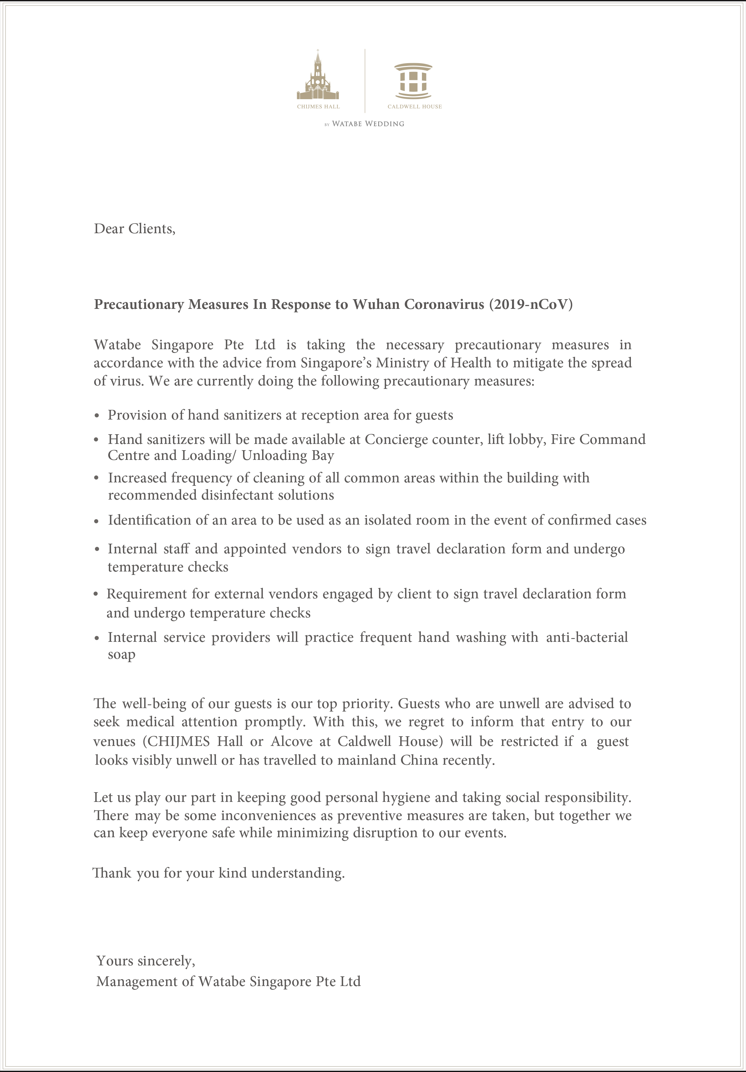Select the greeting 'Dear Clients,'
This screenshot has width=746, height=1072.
click(134, 229)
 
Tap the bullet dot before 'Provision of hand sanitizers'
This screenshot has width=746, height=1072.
click(97, 415)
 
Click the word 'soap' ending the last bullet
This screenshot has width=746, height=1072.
click(121, 655)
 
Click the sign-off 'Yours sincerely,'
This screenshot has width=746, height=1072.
click(146, 961)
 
